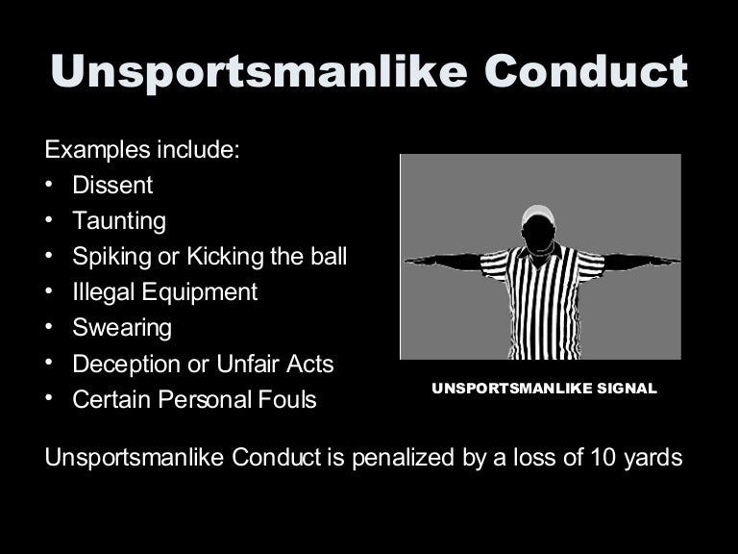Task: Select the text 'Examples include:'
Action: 141,150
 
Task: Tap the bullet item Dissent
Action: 112,186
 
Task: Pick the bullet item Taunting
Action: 119,221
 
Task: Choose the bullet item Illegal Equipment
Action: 165,292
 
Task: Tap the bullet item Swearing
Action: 122,328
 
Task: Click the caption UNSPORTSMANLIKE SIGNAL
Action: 544,390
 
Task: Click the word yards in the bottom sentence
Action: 654,458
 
